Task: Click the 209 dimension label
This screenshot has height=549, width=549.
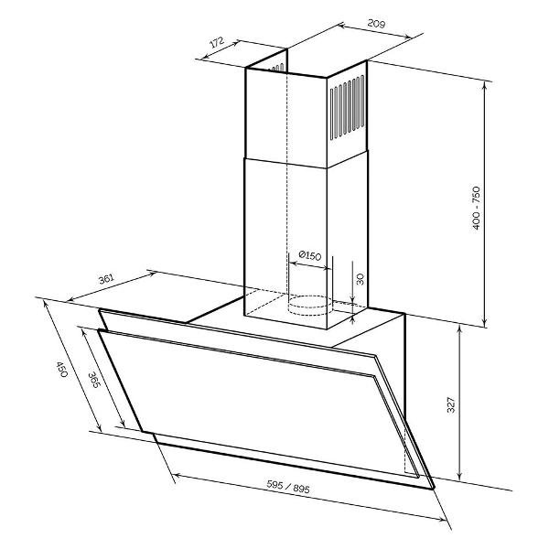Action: coord(376,24)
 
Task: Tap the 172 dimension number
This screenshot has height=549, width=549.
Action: coord(216,43)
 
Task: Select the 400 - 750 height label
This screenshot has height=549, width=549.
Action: coord(476,208)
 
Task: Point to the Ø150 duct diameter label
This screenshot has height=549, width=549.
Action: coord(310,255)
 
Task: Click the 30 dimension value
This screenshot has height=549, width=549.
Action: coord(360,279)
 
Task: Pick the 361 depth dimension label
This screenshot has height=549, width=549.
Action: coord(106,279)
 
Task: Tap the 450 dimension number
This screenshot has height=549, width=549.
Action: coord(61,370)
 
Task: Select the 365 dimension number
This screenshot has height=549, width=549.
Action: coord(94,380)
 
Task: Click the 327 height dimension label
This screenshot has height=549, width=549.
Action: coord(451,404)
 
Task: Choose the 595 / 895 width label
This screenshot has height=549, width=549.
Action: coord(288,487)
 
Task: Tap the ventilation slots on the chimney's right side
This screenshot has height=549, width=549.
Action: coord(348,108)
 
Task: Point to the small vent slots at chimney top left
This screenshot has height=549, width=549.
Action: coord(277,68)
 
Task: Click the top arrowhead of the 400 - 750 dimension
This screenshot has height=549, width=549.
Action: coord(485,84)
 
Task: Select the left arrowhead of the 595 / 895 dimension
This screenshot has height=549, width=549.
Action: coord(177,475)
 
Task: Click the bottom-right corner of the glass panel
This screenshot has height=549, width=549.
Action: coord(434,488)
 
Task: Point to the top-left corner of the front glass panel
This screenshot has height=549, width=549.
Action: coord(99,330)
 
